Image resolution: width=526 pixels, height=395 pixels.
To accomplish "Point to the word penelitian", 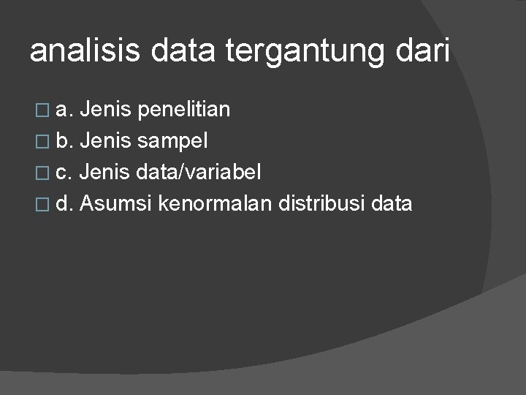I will pyautogui.click(x=183, y=110).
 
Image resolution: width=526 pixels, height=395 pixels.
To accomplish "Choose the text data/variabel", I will pyautogui.click(x=198, y=173).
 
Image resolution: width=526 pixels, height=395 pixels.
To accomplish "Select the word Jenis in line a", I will pyautogui.click(x=106, y=110).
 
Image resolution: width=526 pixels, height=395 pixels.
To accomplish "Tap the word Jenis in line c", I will pyautogui.click(x=105, y=173).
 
